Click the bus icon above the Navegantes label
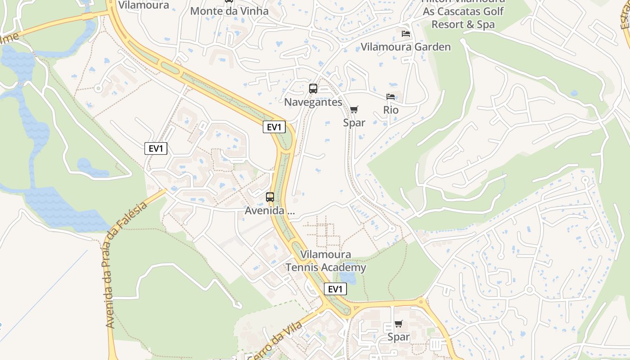click(313, 89)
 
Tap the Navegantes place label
click(313, 102)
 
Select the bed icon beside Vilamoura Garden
click(406, 34)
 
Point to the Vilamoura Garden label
click(405, 47)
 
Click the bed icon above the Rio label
click(391, 97)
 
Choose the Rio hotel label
click(391, 110)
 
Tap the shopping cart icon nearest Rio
click(354, 109)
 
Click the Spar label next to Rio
click(354, 122)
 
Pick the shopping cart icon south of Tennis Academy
click(399, 324)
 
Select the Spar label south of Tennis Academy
click(399, 337)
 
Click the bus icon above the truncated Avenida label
click(270, 197)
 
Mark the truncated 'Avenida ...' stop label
click(270, 210)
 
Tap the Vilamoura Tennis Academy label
click(326, 261)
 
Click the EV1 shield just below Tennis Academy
click(335, 289)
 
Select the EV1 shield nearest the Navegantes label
click(274, 127)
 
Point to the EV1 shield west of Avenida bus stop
click(156, 148)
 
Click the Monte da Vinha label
click(229, 11)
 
